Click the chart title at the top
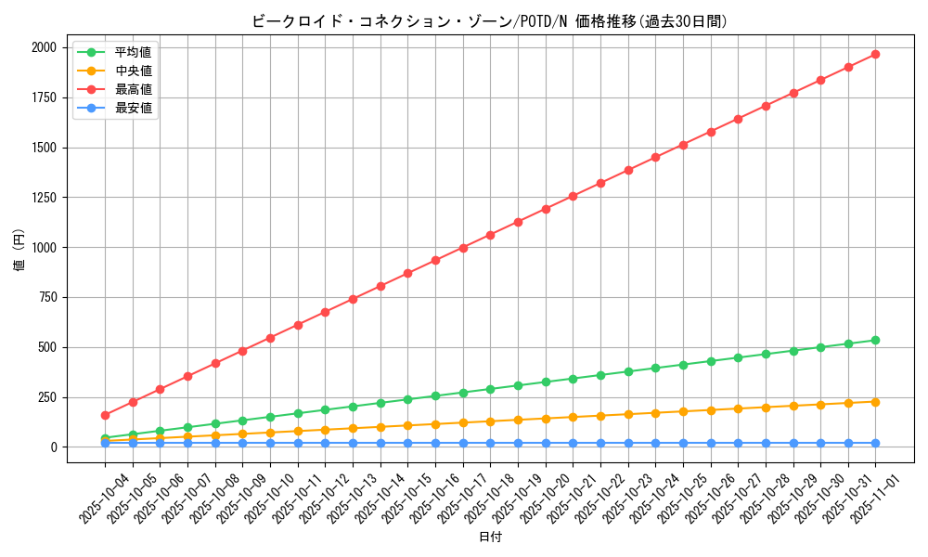489,21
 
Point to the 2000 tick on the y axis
45,47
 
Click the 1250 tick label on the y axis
45,198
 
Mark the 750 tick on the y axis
49,298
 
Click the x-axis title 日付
489,538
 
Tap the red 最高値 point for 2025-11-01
875,54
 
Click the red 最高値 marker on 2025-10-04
105,415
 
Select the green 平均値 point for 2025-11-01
875,340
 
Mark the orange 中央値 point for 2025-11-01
875,401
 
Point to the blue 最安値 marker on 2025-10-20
546,443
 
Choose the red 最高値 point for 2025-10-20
546,209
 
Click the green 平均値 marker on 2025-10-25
683,365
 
